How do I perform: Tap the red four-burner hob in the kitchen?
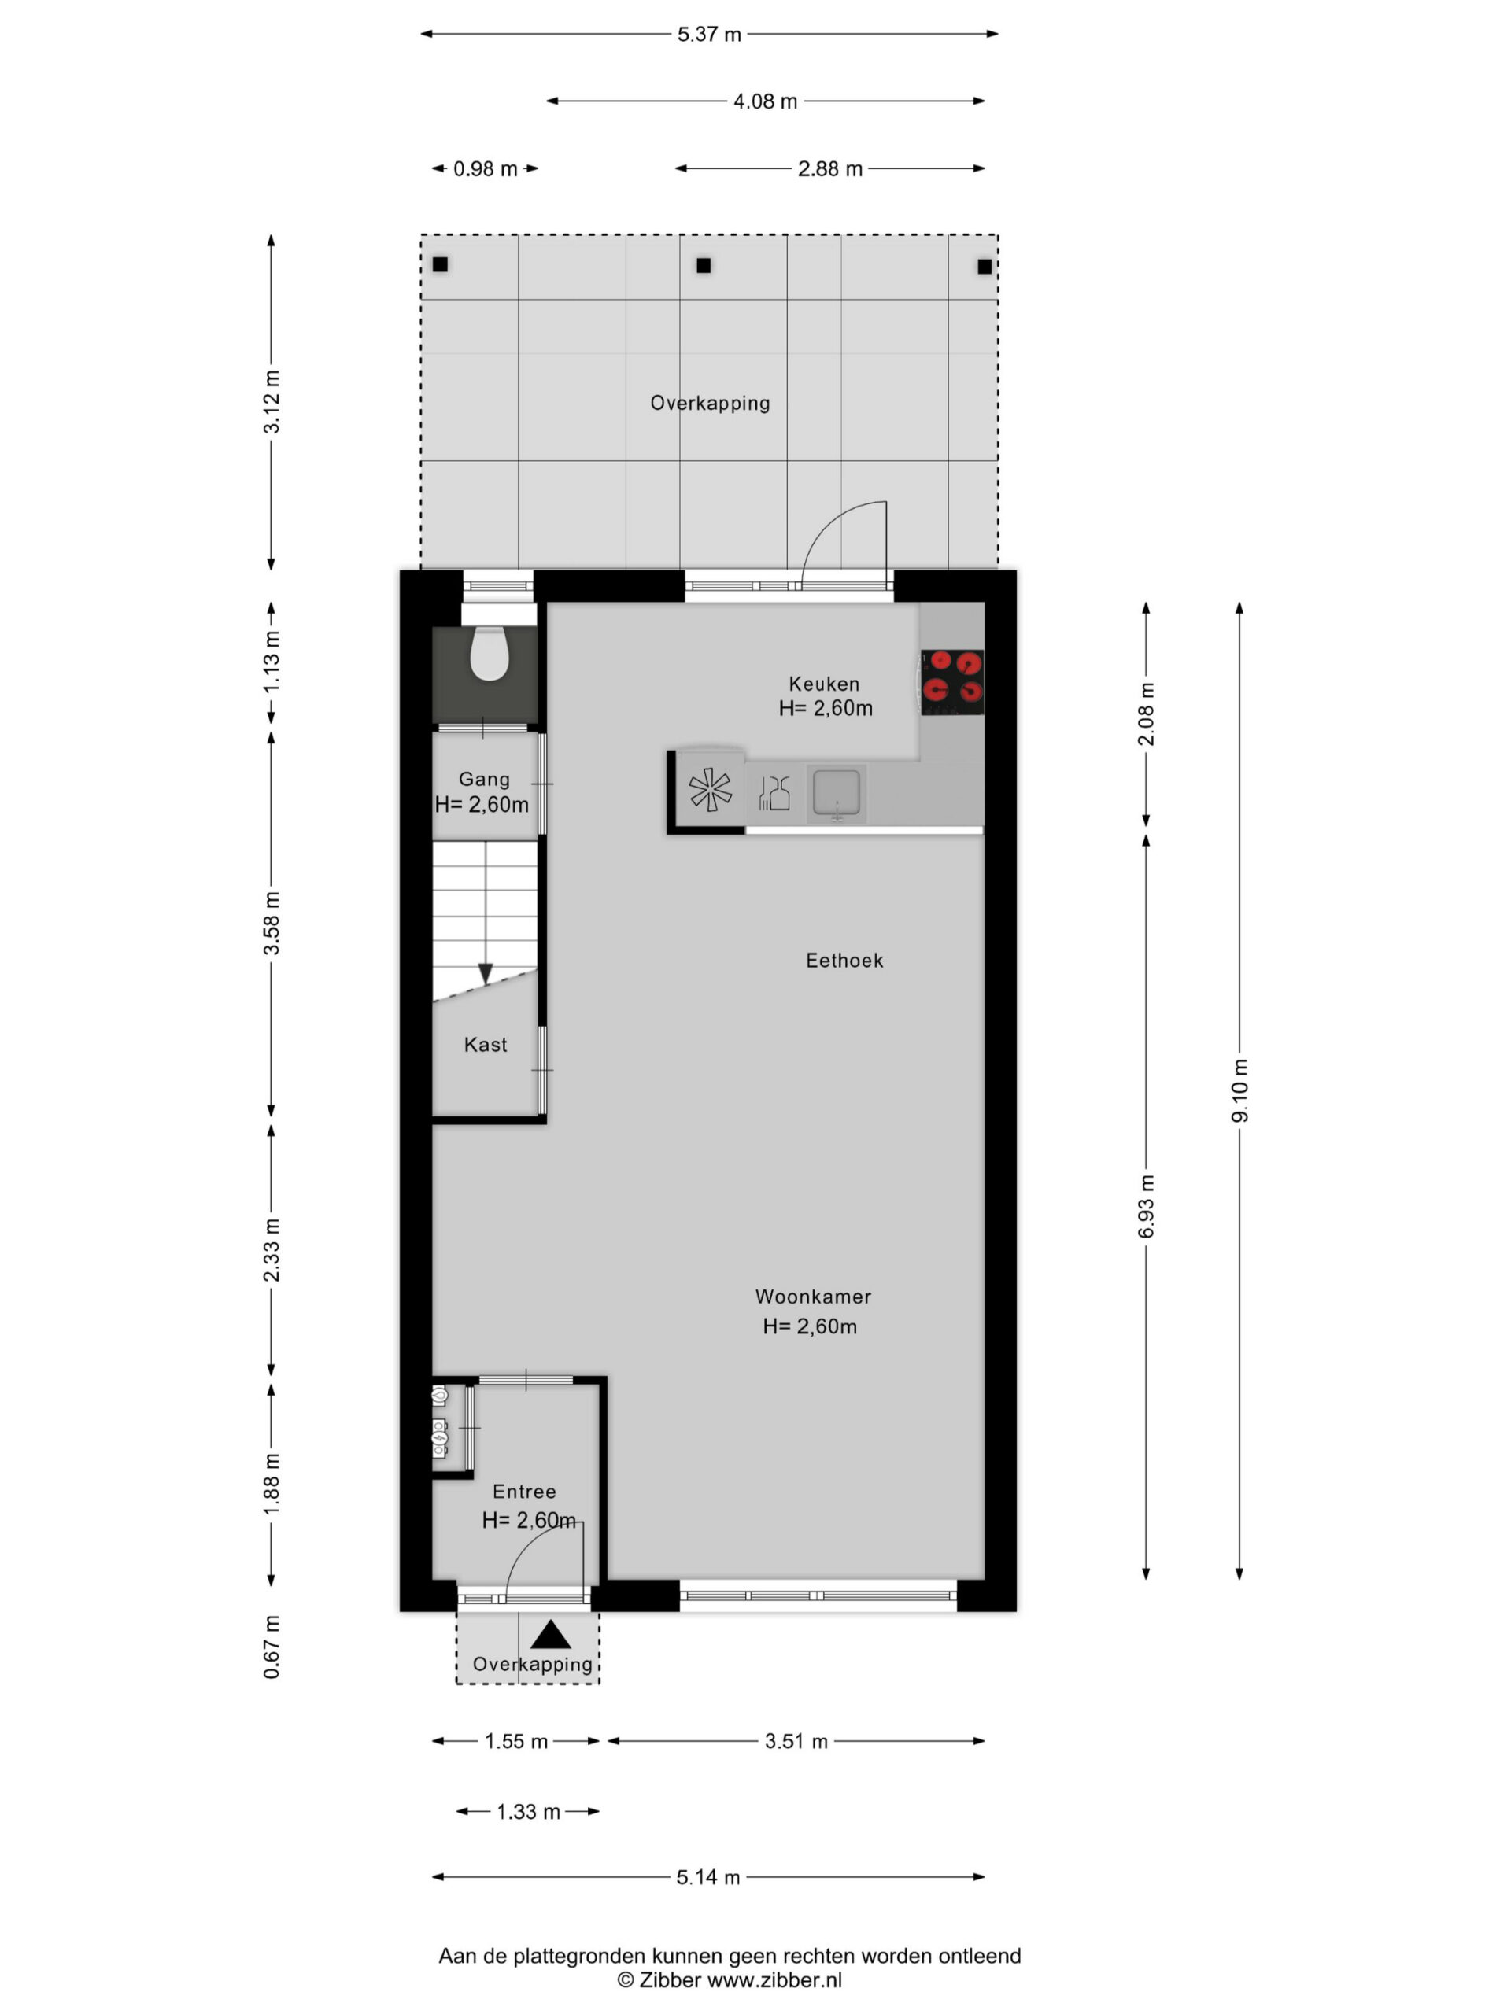click(951, 681)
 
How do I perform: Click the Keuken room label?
click(823, 684)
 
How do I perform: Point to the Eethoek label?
click(844, 961)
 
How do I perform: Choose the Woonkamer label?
click(812, 1297)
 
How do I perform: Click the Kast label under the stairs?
click(486, 1044)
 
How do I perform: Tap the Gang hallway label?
click(484, 780)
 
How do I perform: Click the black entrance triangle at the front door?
click(550, 1636)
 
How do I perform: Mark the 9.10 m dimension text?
click(1239, 1090)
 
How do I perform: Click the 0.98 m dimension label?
click(486, 169)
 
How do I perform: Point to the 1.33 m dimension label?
click(528, 1812)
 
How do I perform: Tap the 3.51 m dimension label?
click(796, 1742)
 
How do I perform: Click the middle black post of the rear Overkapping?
click(703, 266)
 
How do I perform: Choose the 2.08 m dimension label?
click(1146, 714)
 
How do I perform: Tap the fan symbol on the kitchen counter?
click(710, 788)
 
